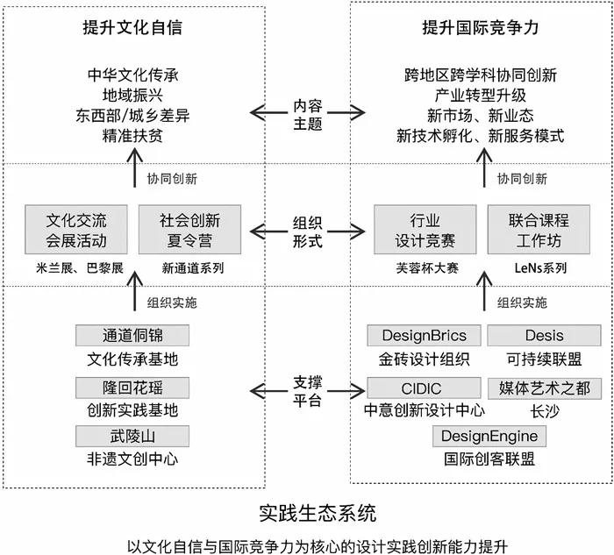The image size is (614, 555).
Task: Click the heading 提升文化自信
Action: click(x=132, y=28)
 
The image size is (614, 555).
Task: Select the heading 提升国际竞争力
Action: click(x=480, y=28)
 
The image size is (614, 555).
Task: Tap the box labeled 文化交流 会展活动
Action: click(x=76, y=230)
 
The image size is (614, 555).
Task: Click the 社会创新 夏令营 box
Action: click(x=189, y=230)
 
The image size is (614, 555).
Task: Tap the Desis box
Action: click(x=544, y=336)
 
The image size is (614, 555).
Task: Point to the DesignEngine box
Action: click(x=489, y=436)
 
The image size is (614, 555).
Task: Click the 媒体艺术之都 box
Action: click(x=544, y=387)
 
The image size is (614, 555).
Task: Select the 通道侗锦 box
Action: click(x=132, y=336)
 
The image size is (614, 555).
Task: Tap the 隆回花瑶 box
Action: click(x=132, y=387)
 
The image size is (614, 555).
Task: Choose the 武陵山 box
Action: click(x=132, y=436)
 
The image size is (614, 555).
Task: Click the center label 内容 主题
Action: click(x=308, y=112)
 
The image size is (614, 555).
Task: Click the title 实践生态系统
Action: click(x=307, y=511)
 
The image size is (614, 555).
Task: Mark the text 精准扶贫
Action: click(x=132, y=136)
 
